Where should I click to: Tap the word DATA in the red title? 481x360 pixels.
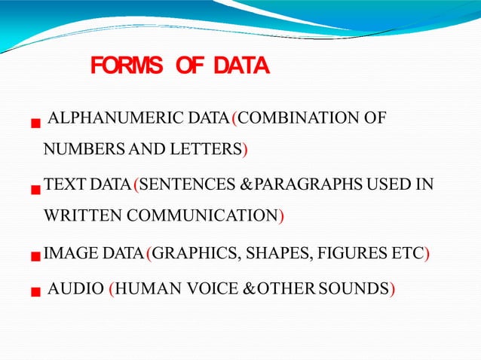[240, 68]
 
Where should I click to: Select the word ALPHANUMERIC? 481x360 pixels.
[103, 118]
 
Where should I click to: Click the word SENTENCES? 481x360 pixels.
[184, 185]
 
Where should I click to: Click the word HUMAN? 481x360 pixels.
[144, 288]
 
